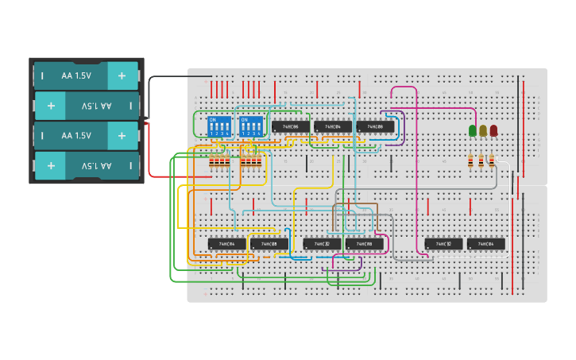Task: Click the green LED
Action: [x=473, y=130]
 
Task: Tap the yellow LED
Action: [x=483, y=130]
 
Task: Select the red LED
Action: [x=493, y=130]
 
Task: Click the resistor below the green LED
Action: [x=471, y=161]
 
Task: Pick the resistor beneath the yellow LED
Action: [x=481, y=161]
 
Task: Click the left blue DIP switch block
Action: [x=218, y=126]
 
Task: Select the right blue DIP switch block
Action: [x=251, y=126]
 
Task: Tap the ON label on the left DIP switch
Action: [x=212, y=119]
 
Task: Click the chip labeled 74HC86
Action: [x=291, y=126]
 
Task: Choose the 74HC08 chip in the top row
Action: [x=375, y=126]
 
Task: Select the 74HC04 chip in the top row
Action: [x=333, y=126]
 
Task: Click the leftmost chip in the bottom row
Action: [x=227, y=244]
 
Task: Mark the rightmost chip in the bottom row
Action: [x=486, y=244]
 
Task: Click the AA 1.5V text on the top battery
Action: [x=76, y=75]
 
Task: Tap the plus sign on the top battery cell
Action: [x=122, y=75]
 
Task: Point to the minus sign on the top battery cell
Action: [x=43, y=75]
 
